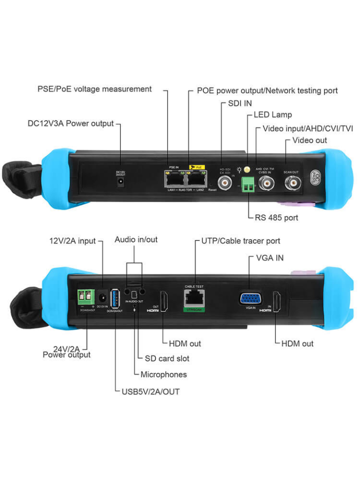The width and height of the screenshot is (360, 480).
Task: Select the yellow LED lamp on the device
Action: pos(246,170)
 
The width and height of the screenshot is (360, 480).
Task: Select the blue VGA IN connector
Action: pos(250,298)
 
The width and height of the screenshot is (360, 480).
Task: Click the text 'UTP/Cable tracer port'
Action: pos(240,241)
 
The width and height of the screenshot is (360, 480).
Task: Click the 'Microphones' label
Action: pos(163,374)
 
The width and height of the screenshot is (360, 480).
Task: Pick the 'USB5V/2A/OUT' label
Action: pos(150,391)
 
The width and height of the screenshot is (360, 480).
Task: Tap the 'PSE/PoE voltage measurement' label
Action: pos(94,89)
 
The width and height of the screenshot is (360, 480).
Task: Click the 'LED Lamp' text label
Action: pos(272,115)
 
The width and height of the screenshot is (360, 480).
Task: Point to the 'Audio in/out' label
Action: pos(136,239)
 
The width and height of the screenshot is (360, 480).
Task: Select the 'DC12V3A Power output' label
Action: pos(70,123)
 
